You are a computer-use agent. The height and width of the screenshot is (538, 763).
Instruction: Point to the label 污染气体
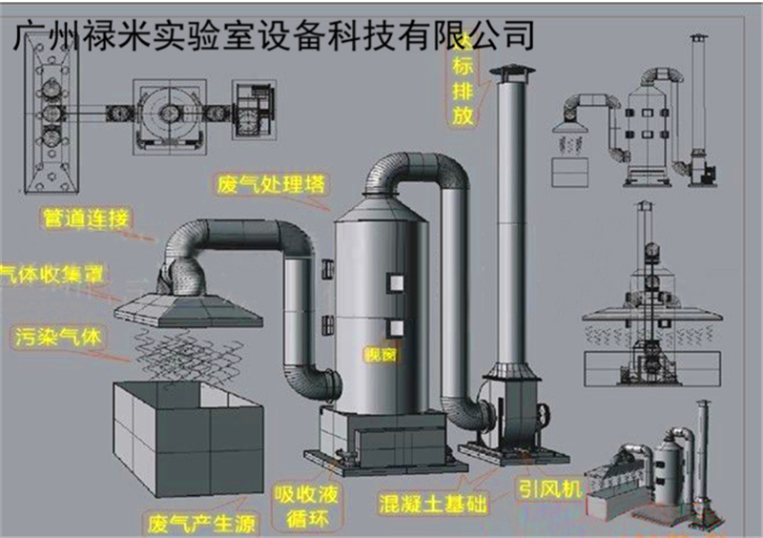click(x=59, y=337)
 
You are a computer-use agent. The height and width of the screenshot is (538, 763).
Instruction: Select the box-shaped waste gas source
click(x=186, y=434)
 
